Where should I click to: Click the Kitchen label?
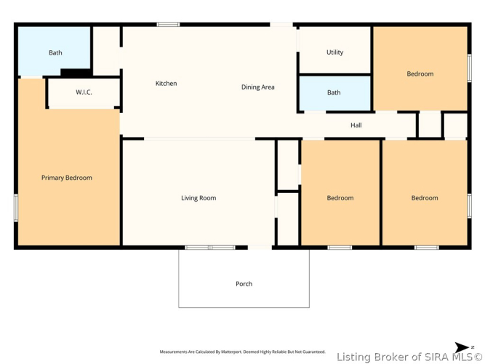166,83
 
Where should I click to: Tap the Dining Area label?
258,87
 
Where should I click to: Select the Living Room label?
199,198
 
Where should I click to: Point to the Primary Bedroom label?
67,178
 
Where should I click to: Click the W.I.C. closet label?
84,92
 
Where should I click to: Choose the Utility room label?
335,52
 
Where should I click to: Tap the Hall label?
356,125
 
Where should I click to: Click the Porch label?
244,284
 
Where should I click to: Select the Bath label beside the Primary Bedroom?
55,52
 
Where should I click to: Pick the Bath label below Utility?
334,92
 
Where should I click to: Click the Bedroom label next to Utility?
420,74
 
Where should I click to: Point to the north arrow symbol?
463,347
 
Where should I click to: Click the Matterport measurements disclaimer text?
243,352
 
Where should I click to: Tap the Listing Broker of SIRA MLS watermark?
409,357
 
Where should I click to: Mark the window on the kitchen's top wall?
168,25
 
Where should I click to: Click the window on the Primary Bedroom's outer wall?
16,207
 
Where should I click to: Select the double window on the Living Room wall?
210,248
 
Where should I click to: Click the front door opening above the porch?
260,248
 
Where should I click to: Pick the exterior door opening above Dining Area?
281,25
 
